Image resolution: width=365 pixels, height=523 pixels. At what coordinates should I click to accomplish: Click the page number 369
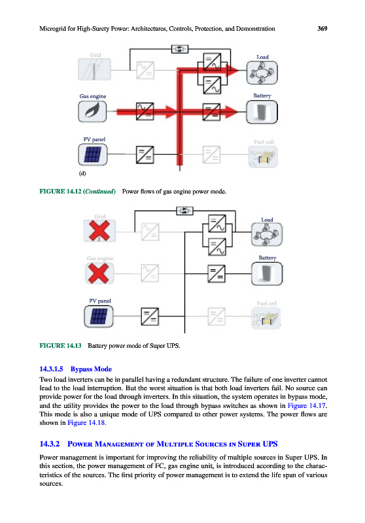[322, 29]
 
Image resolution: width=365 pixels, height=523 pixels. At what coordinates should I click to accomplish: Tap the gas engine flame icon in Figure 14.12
[92, 111]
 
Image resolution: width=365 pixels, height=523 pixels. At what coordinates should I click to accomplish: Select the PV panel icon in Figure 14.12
[93, 154]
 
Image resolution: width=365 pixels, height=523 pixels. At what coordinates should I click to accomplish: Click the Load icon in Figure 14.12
[262, 73]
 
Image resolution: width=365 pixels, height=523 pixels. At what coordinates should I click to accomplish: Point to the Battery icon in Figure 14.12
[262, 112]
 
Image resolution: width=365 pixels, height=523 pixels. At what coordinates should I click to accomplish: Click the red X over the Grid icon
[99, 231]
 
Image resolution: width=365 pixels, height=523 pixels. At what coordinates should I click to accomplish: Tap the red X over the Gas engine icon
[99, 273]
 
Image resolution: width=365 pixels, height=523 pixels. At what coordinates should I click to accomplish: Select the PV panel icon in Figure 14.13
[99, 316]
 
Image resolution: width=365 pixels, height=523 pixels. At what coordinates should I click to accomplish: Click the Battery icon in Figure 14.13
[267, 273]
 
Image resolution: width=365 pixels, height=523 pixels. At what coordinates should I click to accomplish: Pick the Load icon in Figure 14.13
[267, 235]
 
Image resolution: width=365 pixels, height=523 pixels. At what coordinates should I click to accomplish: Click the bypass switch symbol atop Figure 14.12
[179, 49]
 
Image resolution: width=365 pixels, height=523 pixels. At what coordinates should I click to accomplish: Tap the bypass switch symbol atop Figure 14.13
[184, 211]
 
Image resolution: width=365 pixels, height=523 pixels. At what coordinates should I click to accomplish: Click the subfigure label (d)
[82, 173]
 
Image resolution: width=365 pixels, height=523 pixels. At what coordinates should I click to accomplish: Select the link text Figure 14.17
[307, 405]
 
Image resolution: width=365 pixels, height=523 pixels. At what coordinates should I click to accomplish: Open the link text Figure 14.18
[86, 422]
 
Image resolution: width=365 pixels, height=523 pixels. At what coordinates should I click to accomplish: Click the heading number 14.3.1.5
[52, 369]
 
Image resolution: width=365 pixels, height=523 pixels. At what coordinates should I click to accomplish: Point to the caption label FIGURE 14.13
[60, 346]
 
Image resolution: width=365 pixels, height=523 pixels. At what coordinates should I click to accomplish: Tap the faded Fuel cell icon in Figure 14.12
[263, 158]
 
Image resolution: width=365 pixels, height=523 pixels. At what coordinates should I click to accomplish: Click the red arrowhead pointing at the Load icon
[233, 71]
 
